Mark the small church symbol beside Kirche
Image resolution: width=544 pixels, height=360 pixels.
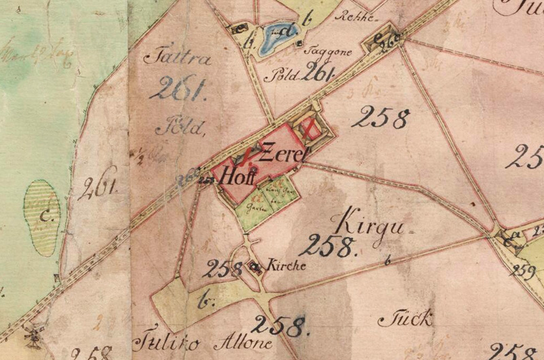click(257, 267)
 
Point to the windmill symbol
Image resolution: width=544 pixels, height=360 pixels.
click(29, 335)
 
